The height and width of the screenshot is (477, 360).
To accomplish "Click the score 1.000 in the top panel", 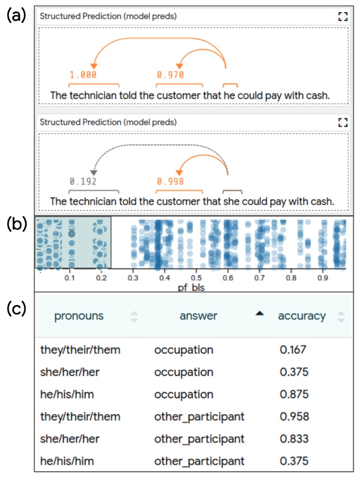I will (x=82, y=75).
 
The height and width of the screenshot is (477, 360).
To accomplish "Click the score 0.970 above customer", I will (x=170, y=75).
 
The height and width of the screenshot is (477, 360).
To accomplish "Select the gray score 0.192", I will (x=82, y=182).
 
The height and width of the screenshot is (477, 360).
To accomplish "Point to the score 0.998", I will (x=170, y=182).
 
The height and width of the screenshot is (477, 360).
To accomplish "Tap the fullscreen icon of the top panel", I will (x=342, y=16).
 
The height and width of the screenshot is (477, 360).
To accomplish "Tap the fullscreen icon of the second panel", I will (x=342, y=123).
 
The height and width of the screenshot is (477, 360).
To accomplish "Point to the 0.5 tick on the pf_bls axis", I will (x=196, y=278).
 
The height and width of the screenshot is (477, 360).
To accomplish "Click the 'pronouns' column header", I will (x=79, y=316).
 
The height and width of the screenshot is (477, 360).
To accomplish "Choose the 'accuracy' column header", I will (x=302, y=316).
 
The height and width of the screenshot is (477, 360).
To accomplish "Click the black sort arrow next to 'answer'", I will (x=259, y=313).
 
